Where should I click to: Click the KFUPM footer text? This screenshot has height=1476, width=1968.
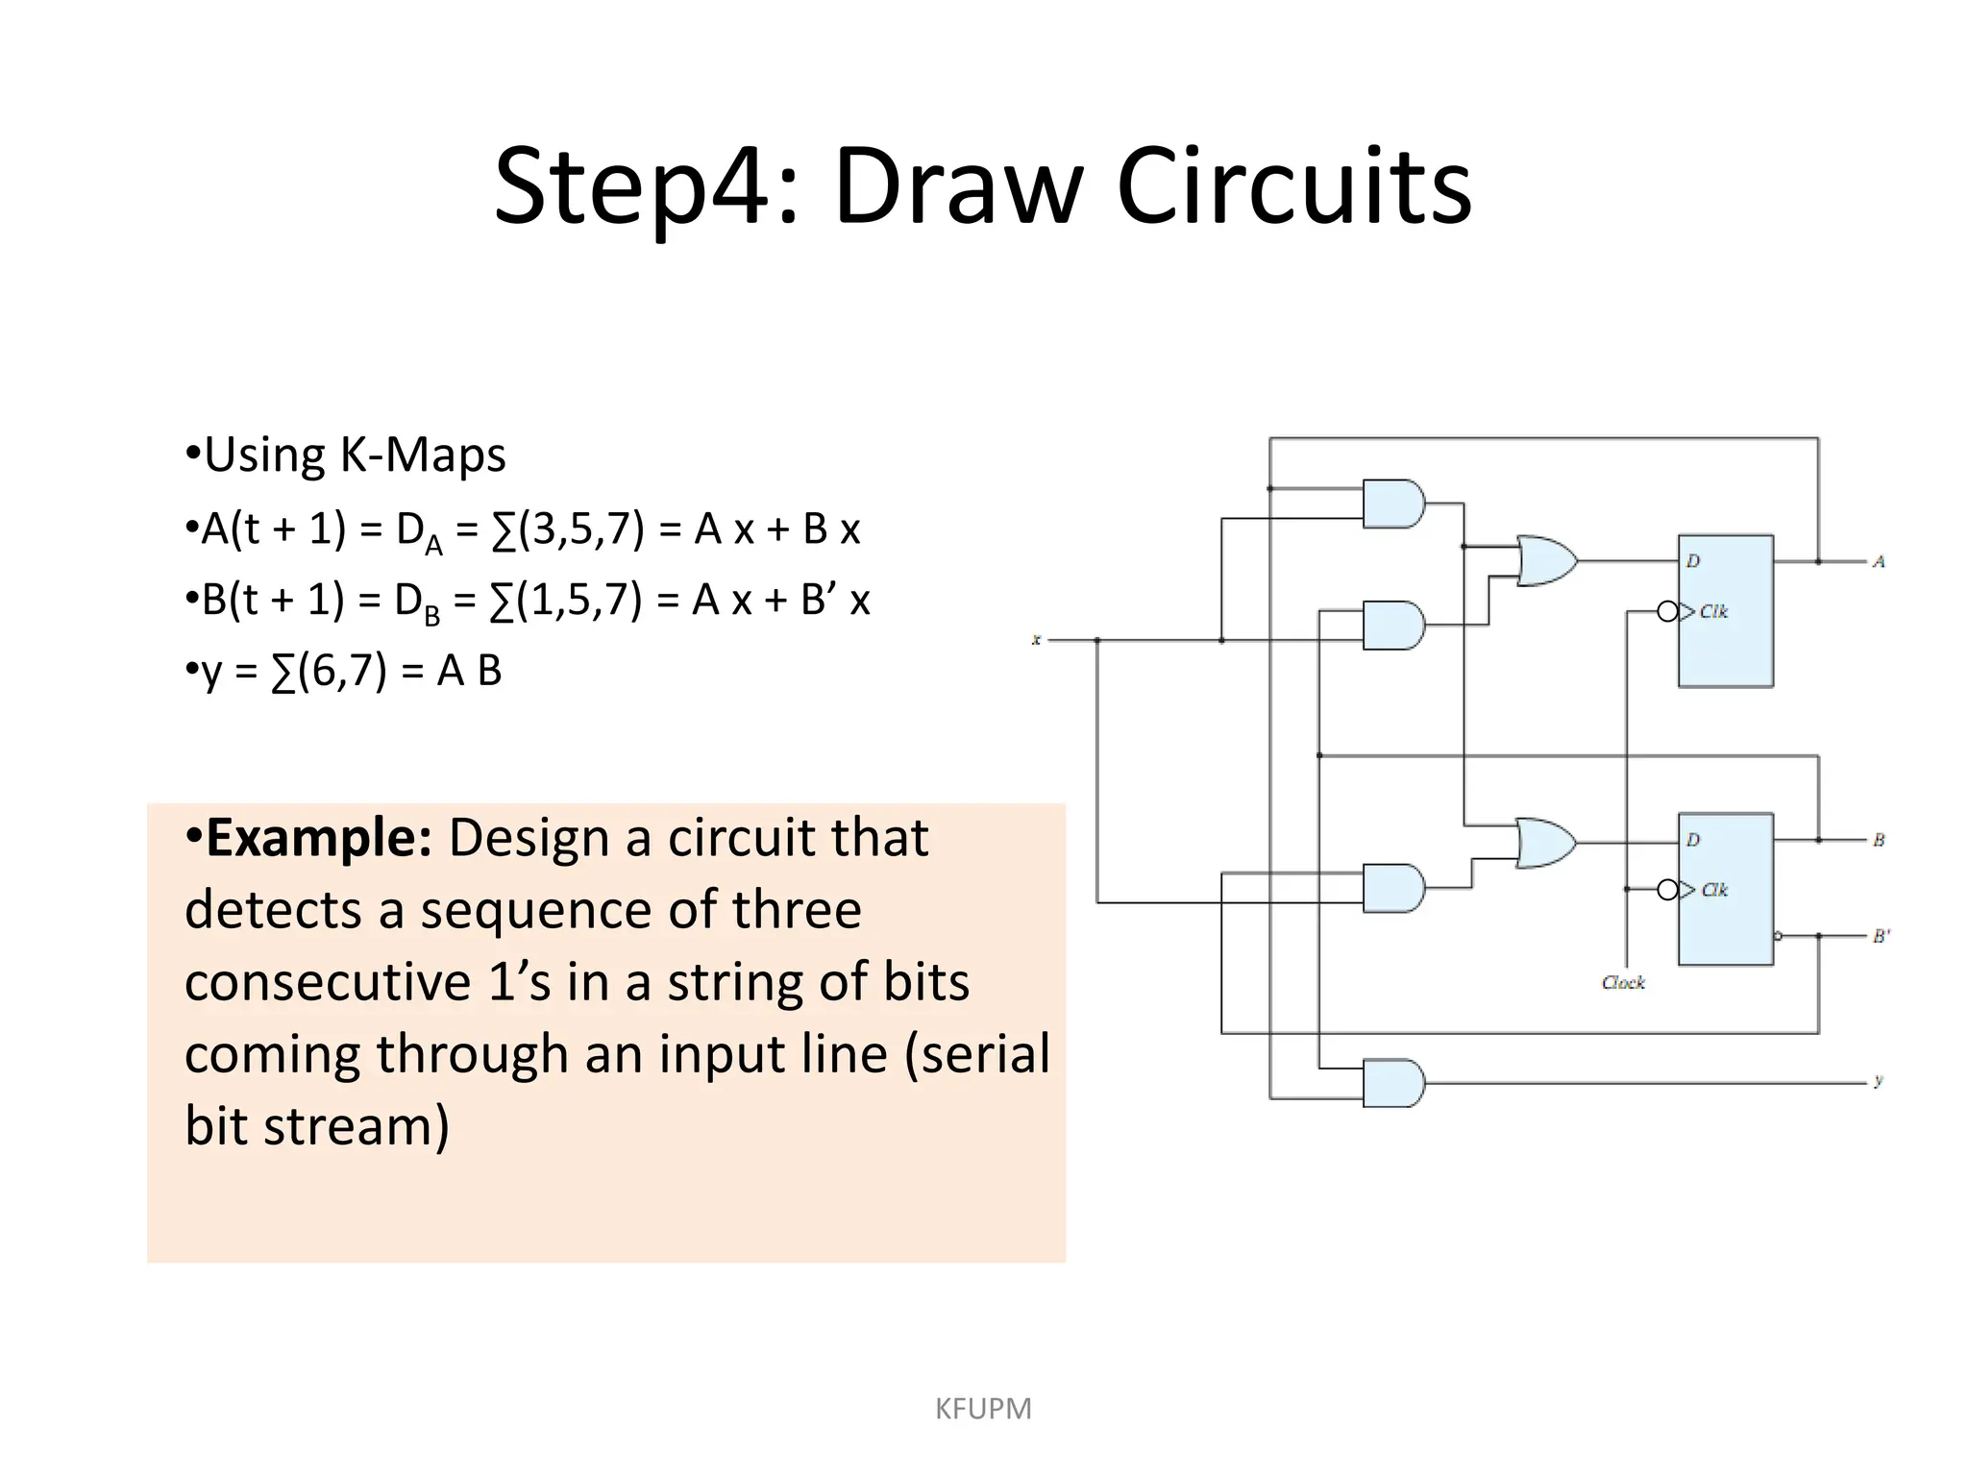[x=983, y=1409]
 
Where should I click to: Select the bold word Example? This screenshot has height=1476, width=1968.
[x=318, y=838]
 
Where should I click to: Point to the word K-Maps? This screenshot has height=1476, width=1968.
[x=423, y=455]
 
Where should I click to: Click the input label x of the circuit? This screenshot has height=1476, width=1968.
[x=1036, y=640]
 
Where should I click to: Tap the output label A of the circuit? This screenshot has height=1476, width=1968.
[x=1879, y=561]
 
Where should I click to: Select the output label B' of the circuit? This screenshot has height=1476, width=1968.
[x=1881, y=936]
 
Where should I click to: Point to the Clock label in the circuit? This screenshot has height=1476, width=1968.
[x=1623, y=983]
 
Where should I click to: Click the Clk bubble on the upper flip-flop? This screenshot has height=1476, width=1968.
[x=1667, y=611]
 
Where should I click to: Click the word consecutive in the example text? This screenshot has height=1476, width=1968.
[x=327, y=982]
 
